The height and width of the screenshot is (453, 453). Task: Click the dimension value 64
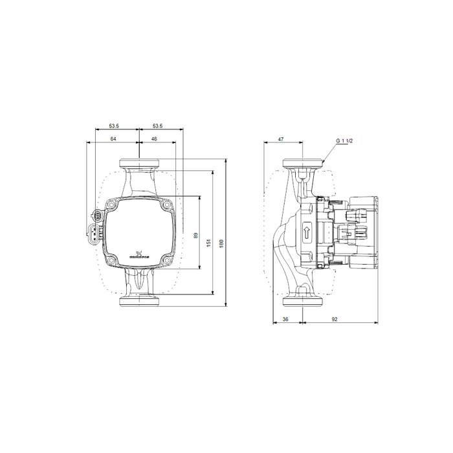113,139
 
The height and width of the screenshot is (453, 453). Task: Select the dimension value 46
154,139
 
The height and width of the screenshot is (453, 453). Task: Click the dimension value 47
282,139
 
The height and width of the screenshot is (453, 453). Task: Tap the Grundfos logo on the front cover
138,255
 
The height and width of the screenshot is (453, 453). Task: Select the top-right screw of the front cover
167,206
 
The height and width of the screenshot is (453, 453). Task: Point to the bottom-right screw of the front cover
167,261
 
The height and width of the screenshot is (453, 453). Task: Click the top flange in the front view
139,163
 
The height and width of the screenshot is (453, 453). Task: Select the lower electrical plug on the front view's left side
95,234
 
